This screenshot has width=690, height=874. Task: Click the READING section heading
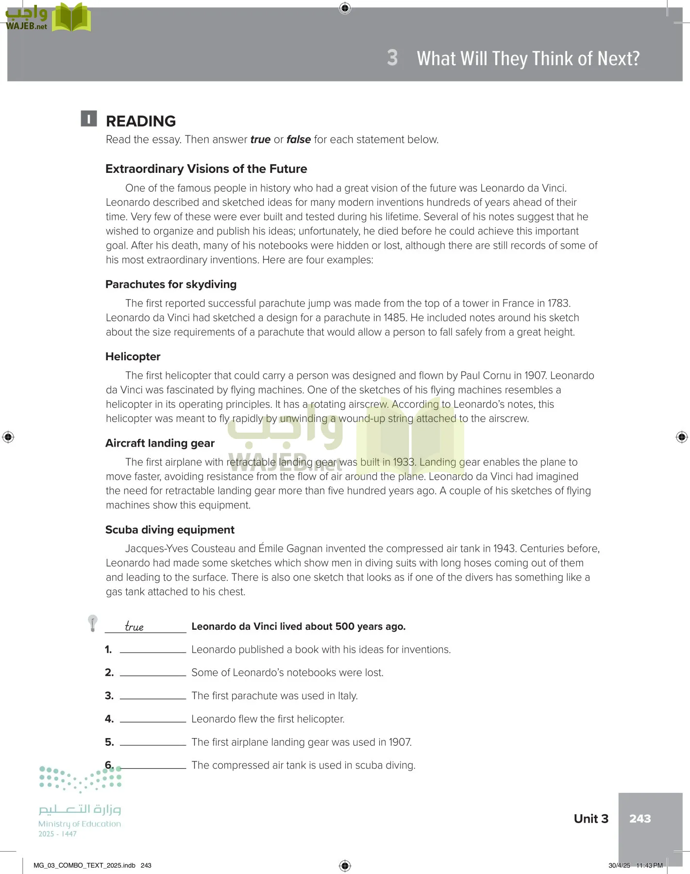point(141,121)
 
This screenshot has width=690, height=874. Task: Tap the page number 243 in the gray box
point(640,819)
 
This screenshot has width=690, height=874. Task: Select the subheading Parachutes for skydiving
point(171,285)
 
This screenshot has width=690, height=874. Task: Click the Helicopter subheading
point(133,357)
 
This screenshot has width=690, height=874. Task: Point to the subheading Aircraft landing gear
point(160,443)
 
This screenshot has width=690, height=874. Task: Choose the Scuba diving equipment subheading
point(169,530)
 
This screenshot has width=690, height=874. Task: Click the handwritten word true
point(134,626)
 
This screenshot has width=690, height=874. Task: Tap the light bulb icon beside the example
point(92,623)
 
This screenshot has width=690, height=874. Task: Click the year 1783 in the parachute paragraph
point(558,303)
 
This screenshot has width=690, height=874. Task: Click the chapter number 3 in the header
point(392,58)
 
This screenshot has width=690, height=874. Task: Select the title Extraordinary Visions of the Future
point(206,169)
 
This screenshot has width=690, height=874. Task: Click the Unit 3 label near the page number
point(590,819)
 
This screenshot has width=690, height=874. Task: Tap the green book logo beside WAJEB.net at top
point(71,17)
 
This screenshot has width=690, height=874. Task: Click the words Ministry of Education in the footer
point(80,824)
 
